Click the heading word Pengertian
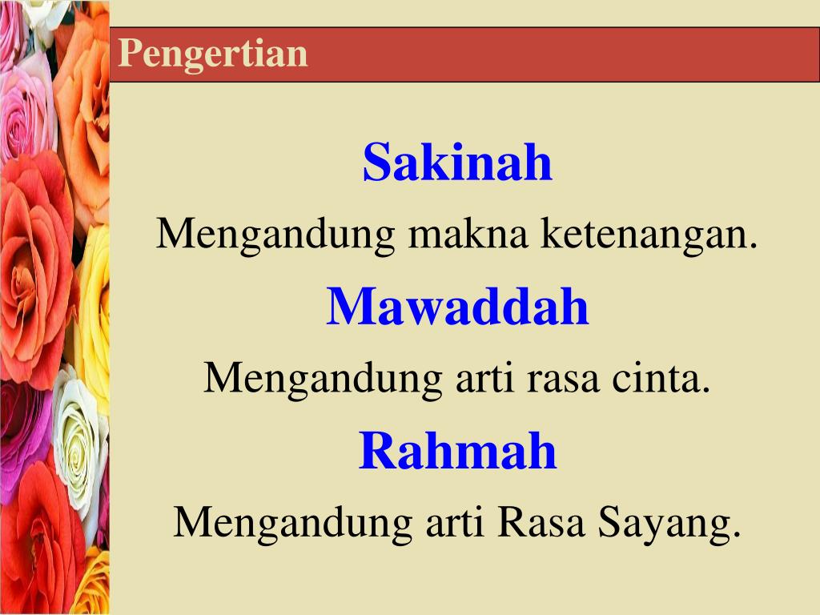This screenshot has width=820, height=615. click(213, 54)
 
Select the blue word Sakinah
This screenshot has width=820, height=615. click(457, 163)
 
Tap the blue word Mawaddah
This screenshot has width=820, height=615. click(457, 307)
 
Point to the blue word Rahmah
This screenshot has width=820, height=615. click(457, 450)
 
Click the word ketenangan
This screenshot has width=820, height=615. click(649, 235)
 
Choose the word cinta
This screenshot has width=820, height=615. click(661, 378)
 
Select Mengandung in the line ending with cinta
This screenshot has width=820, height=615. click(324, 380)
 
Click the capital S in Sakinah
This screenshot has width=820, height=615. click(377, 163)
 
